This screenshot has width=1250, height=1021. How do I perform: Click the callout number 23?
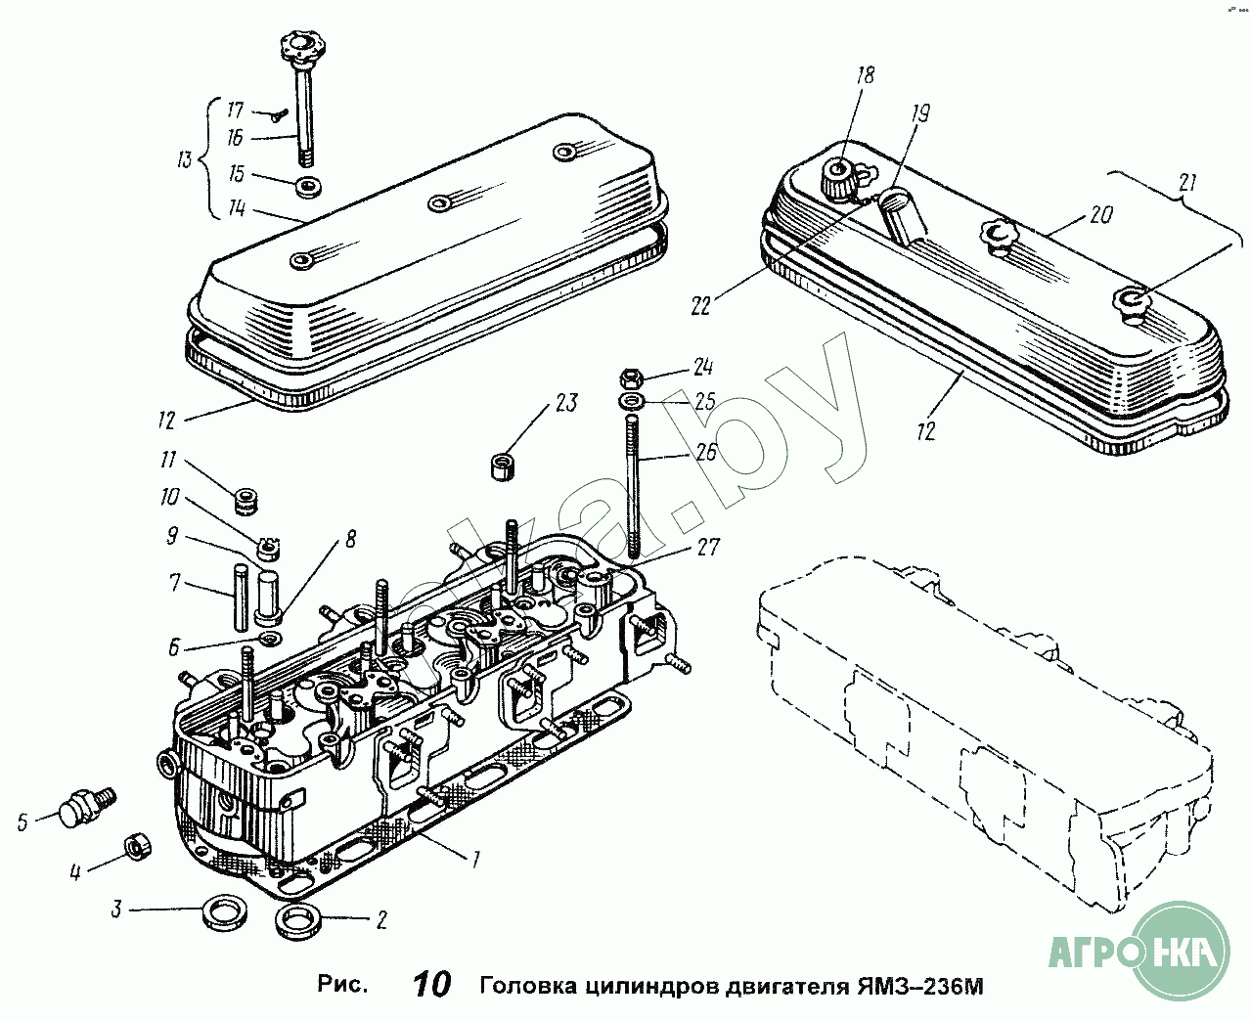point(566,403)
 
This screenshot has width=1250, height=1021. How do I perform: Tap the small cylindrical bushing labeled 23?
point(503,465)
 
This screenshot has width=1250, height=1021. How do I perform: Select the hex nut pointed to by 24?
point(631,376)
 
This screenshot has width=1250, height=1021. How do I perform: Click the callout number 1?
point(476,860)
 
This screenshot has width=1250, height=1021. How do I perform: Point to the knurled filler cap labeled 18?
point(837,177)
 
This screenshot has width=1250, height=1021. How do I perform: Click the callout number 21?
point(1187,183)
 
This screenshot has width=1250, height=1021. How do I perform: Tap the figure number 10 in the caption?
point(430,984)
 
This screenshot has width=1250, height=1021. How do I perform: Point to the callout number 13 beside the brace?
point(184,158)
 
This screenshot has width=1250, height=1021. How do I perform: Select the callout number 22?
point(699,306)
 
